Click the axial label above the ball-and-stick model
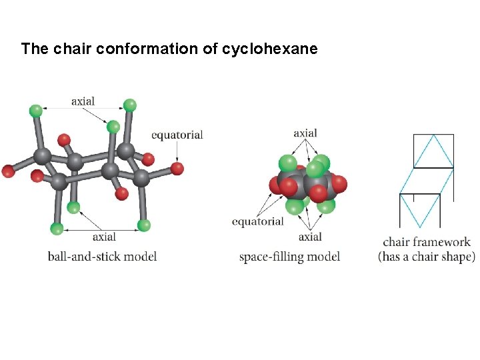[83, 101]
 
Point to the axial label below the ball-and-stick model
[104, 237]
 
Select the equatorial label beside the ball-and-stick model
[177, 135]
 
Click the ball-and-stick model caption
[102, 256]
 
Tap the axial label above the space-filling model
[305, 133]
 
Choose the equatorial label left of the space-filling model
[257, 221]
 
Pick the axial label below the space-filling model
[310, 237]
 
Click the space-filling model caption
[289, 256]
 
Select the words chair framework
[427, 242]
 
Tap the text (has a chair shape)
[427, 257]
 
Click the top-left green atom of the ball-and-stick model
[36, 110]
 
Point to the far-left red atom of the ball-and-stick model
[7, 171]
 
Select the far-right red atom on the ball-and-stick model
[177, 168]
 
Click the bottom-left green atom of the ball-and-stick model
[57, 229]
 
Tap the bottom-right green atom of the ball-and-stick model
[143, 224]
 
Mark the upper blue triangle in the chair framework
[433, 153]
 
